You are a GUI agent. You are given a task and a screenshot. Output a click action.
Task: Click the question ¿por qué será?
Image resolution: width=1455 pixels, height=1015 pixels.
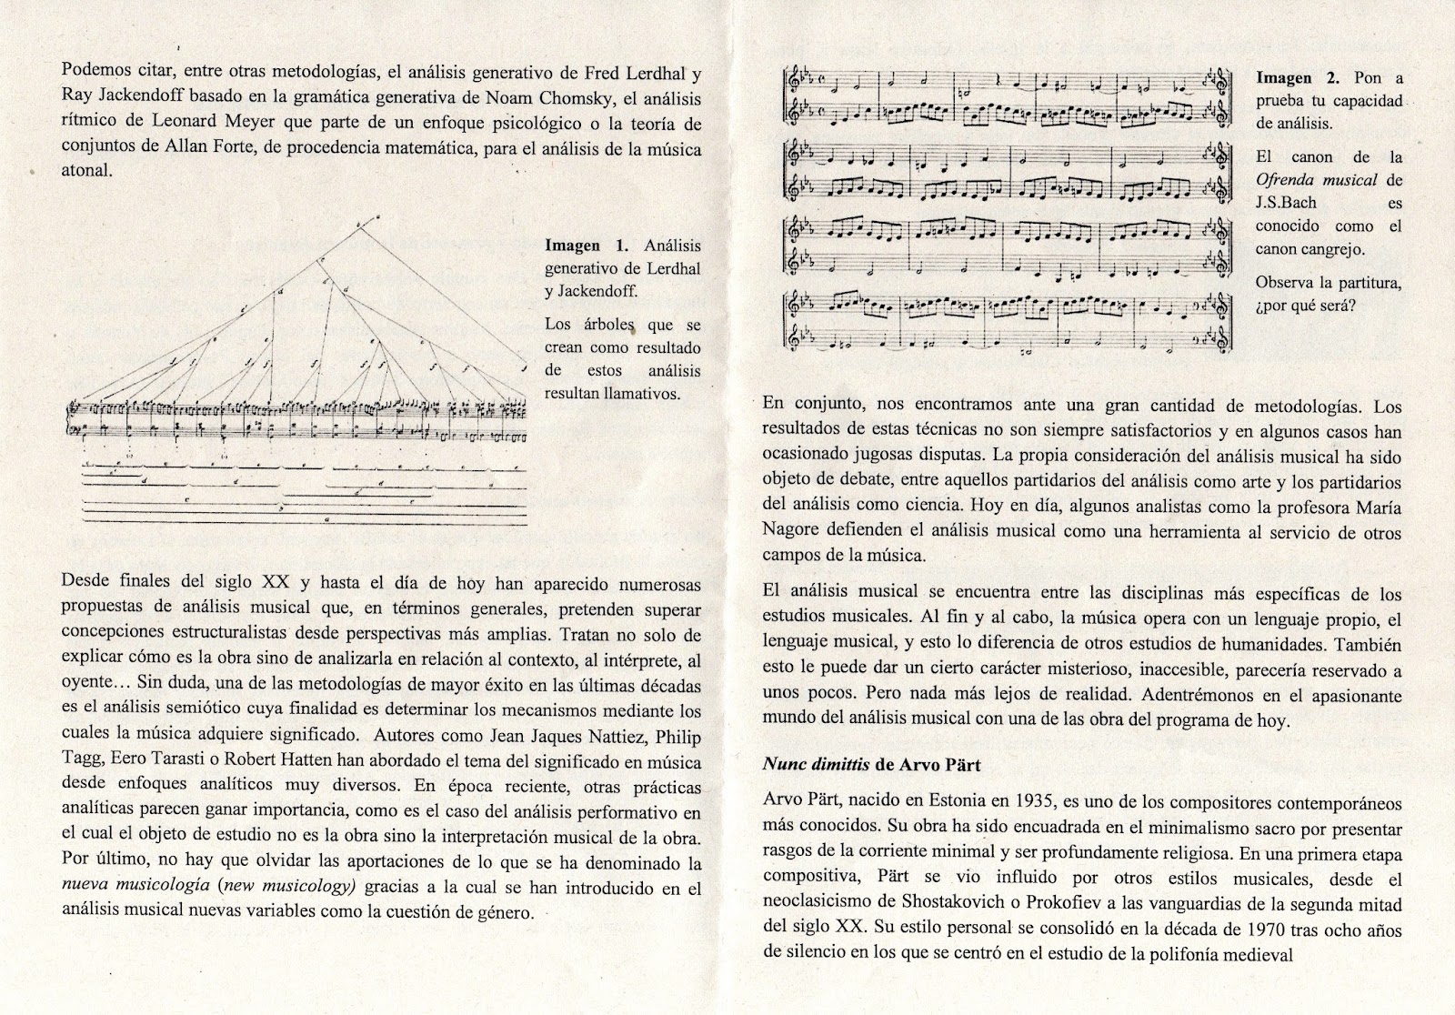(1306, 306)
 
